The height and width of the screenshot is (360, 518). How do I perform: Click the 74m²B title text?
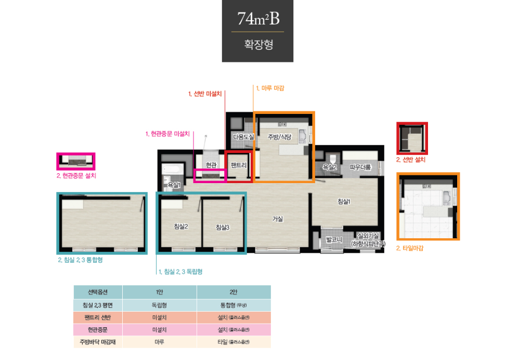pos(258,19)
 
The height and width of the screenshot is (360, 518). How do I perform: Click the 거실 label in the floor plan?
pos(277,219)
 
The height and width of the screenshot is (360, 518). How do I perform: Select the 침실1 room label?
pos(344,202)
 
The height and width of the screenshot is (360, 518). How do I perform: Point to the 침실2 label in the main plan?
pos(180,226)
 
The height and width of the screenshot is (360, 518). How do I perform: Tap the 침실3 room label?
pos(223,227)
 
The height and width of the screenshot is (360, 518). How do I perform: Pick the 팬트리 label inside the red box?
pos(239,165)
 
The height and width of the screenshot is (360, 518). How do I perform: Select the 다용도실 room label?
pos(243,137)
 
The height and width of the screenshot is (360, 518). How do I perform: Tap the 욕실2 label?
pos(330,167)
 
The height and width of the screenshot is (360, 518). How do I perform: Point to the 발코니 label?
pos(332,240)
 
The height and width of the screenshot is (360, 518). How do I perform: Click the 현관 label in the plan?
pos(211,165)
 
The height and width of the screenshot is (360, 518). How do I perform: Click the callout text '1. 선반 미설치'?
pos(205,94)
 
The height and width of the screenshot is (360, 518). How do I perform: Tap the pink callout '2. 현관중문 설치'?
pos(76,176)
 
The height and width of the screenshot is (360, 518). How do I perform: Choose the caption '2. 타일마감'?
pos(410,248)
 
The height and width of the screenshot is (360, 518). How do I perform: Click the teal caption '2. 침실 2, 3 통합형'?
pos(80,260)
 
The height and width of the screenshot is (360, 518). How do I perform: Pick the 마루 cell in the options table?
pos(159,343)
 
